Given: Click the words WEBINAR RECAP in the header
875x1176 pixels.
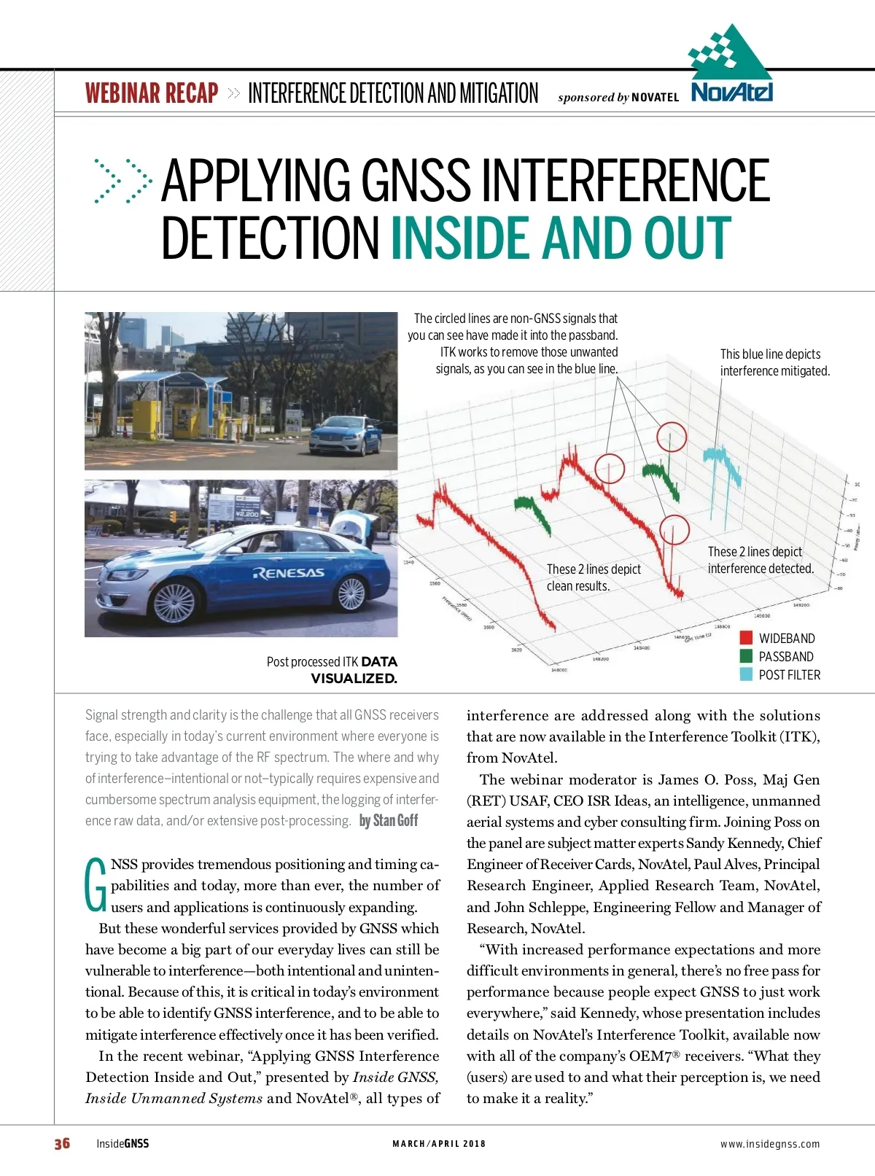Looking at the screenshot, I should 152,93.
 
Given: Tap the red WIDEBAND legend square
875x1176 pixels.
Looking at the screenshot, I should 746,638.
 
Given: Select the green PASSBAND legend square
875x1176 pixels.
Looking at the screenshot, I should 746,656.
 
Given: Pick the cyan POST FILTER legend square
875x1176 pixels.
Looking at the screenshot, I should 746,674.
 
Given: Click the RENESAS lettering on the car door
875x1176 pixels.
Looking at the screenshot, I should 289,573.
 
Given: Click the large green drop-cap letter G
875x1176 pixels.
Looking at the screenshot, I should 96,885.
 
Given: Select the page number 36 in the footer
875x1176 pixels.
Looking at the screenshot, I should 62,1143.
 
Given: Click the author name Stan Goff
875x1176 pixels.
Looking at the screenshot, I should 389,821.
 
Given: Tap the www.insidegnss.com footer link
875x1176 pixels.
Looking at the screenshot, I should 770,1144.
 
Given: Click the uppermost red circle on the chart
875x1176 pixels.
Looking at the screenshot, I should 672,437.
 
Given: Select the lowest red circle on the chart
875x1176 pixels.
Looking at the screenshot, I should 674,530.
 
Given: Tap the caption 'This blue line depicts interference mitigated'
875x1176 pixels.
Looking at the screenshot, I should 774,362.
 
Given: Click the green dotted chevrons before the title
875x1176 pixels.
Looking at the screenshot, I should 122,180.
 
